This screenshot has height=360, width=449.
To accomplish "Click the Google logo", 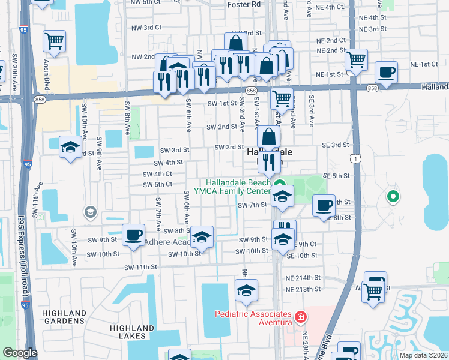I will click(19, 353).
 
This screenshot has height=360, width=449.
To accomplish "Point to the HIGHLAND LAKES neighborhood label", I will click(132, 332).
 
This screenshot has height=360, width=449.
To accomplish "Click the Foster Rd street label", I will click(244, 4).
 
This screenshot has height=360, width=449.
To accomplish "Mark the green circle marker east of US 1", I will click(393, 196).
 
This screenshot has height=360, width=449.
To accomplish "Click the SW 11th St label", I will click(140, 266).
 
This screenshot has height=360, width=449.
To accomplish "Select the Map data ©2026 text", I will click(423, 355).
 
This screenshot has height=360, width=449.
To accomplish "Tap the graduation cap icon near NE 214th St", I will click(246, 290).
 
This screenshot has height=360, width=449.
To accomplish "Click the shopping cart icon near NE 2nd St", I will click(357, 59).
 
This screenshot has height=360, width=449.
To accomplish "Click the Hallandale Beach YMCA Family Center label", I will click(239, 187).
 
